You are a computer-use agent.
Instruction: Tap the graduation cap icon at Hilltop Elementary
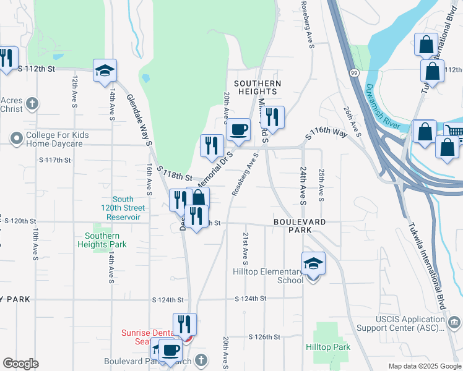(x=314, y=264)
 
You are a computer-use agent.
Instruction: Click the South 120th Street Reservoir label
(x=123, y=208)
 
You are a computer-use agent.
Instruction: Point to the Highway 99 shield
(x=353, y=73)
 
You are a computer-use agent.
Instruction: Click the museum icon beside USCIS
(x=454, y=322)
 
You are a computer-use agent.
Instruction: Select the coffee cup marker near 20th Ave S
(x=238, y=130)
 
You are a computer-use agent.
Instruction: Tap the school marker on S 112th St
(x=105, y=70)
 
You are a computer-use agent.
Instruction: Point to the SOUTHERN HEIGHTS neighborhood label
(x=257, y=87)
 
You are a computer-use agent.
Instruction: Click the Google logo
(x=20, y=364)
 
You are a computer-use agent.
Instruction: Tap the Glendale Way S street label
(x=140, y=120)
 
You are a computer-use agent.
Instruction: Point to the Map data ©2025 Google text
(x=424, y=366)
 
